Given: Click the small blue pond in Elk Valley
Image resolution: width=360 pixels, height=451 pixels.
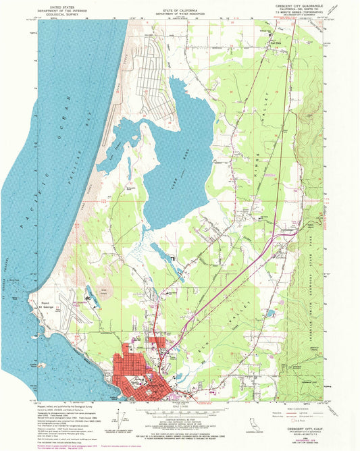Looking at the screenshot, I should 271,313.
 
